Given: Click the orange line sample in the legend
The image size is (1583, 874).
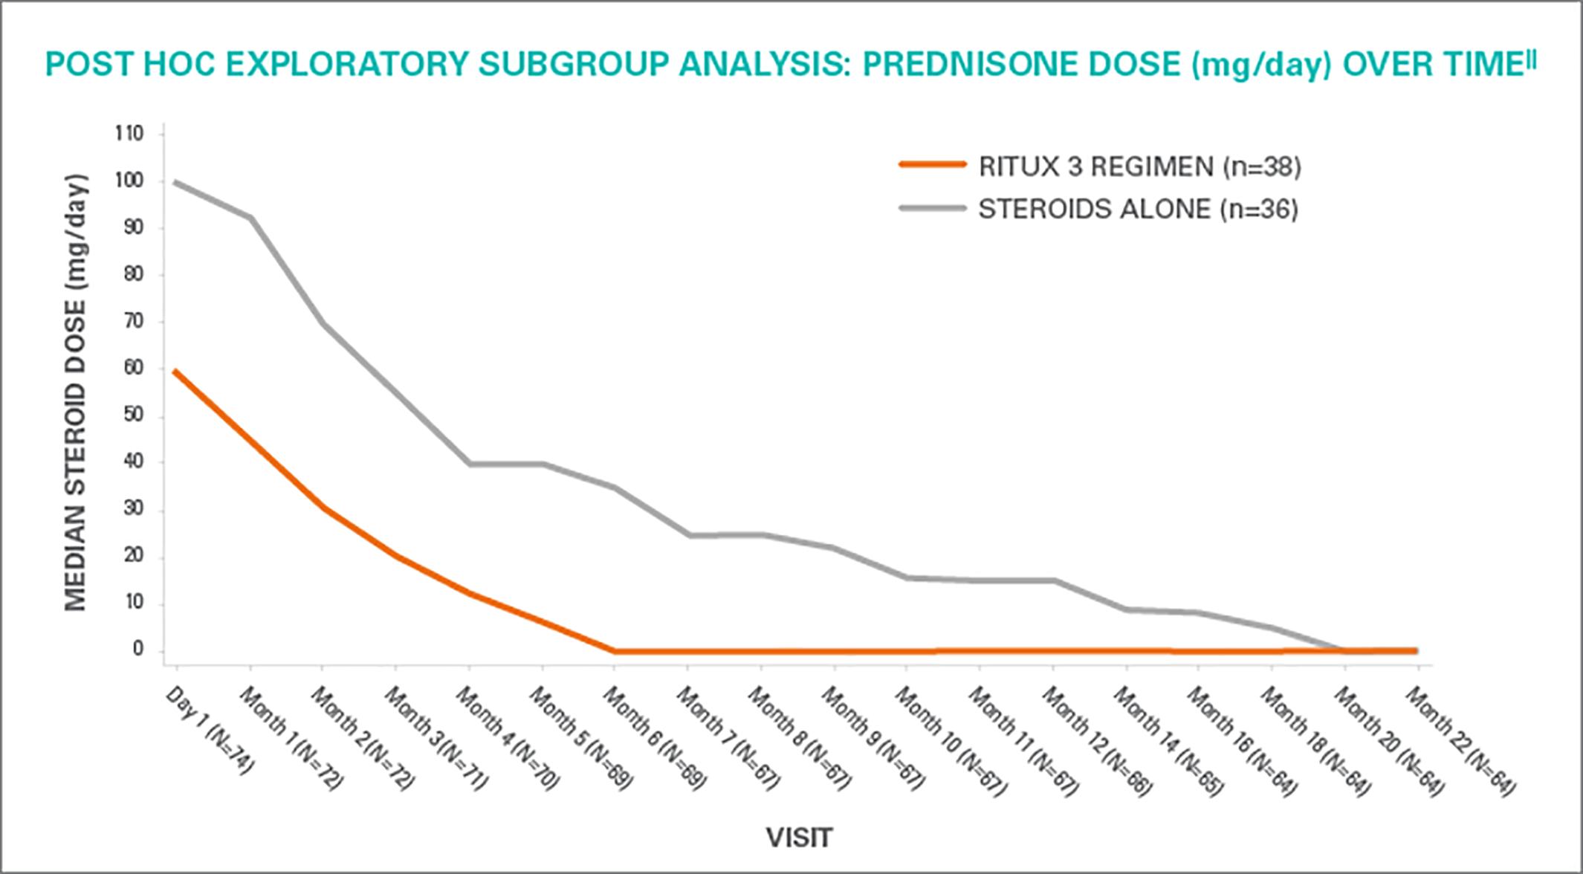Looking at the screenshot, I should tap(932, 164).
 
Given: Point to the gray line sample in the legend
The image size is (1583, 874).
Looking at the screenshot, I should tap(932, 208).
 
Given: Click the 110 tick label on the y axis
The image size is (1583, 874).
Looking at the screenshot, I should tap(129, 134).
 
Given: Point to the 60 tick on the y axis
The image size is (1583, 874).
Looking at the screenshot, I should tap(134, 369).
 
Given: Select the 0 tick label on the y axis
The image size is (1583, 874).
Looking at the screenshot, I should tap(138, 650).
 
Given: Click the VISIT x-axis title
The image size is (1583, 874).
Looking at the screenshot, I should tap(799, 838).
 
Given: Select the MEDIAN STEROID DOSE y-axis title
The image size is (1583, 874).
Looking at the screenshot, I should tap(76, 392).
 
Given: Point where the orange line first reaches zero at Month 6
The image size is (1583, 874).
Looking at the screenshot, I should tap(614, 651).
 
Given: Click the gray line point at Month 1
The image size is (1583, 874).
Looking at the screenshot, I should tap(250, 218).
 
